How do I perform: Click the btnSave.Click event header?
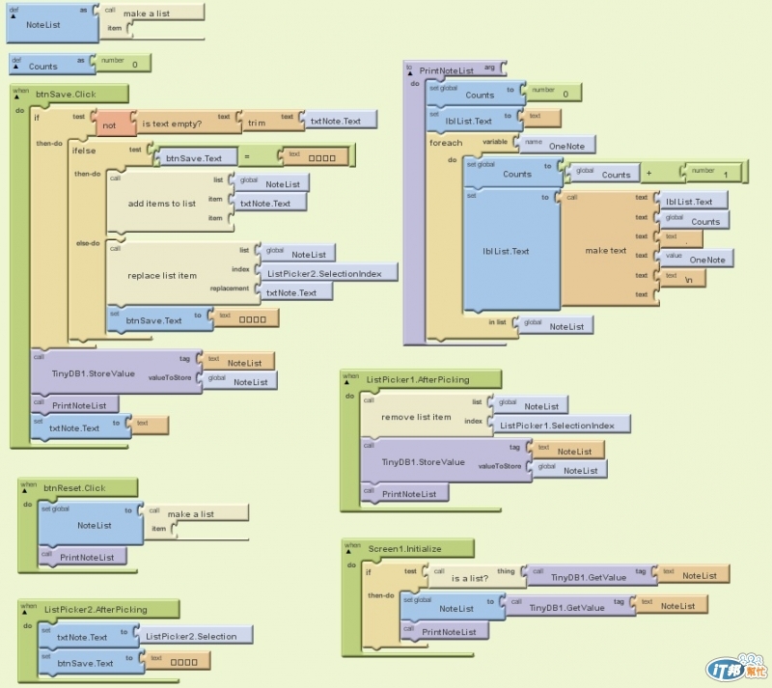66,95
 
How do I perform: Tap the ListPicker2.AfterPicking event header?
95,609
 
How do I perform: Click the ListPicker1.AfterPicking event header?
418,379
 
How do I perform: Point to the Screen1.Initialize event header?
404,548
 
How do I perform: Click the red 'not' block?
109,124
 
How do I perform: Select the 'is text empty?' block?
172,124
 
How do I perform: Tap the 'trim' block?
257,123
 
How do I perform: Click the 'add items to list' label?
161,204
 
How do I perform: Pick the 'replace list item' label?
162,275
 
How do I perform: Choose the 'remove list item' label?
416,417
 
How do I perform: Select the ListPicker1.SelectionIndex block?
563,425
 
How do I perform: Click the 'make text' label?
605,251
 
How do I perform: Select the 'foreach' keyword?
446,143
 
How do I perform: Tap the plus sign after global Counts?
648,174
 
